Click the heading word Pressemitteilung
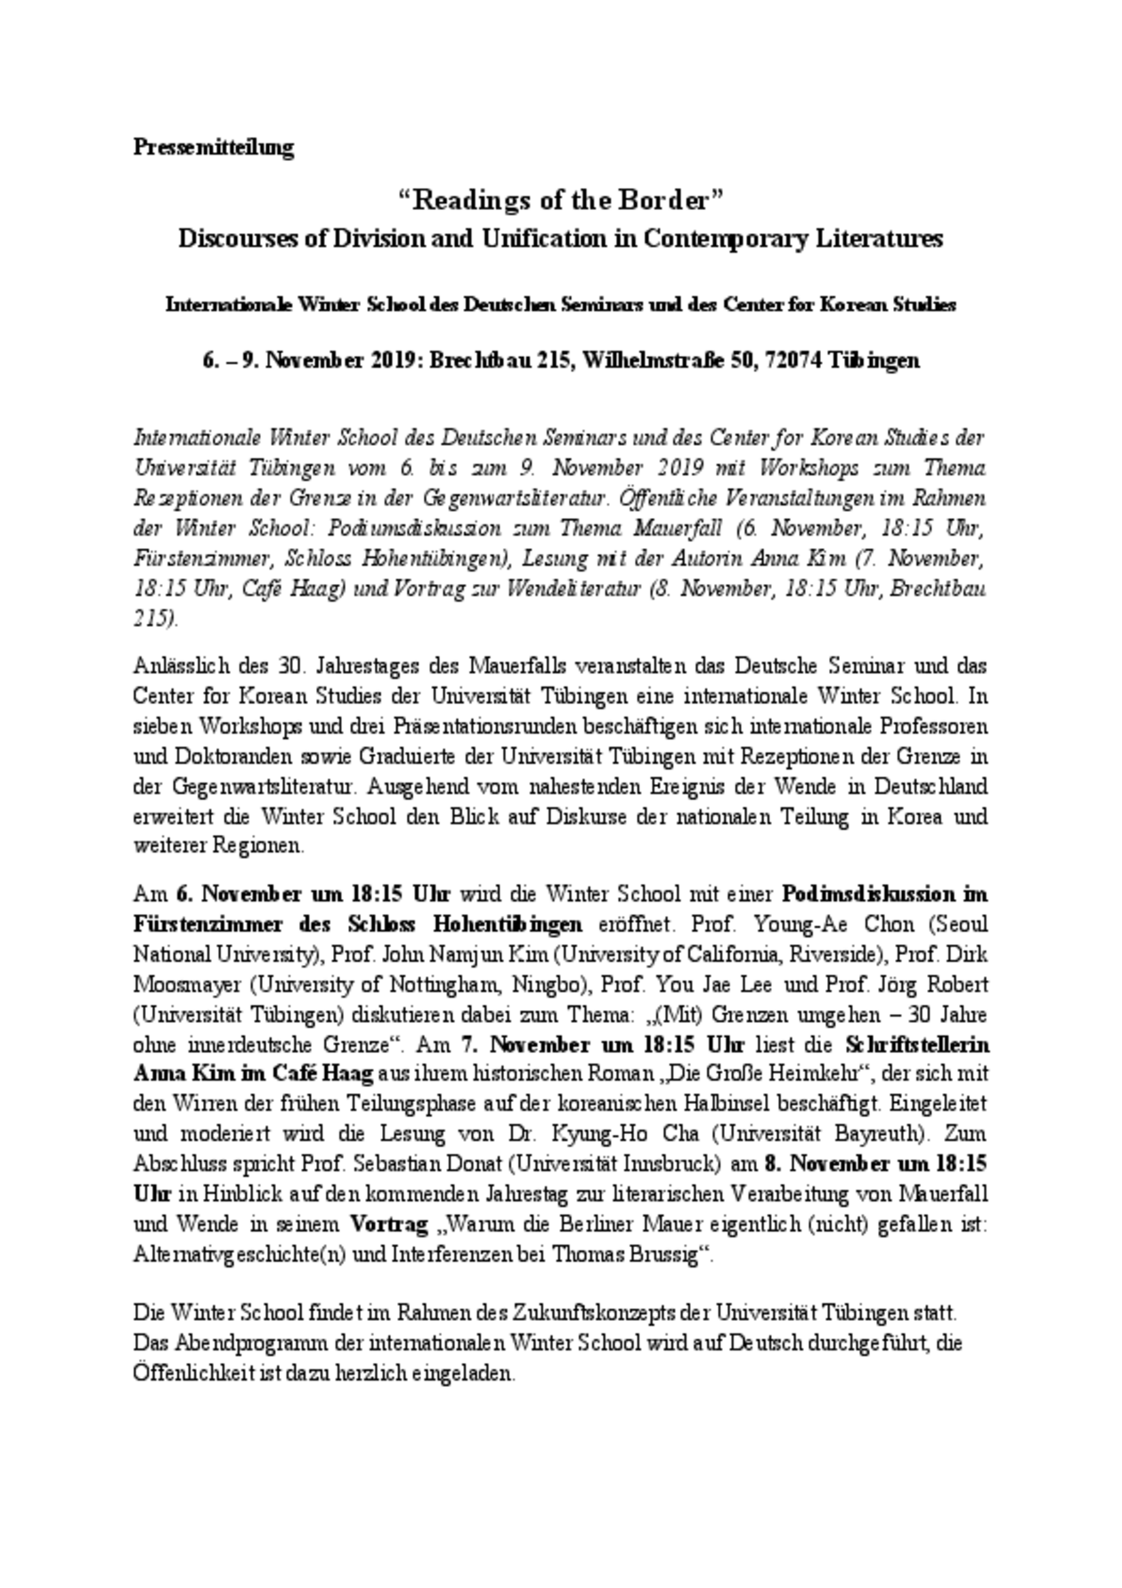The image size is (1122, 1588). click(x=213, y=147)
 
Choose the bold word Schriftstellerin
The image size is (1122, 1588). click(x=916, y=1044)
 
